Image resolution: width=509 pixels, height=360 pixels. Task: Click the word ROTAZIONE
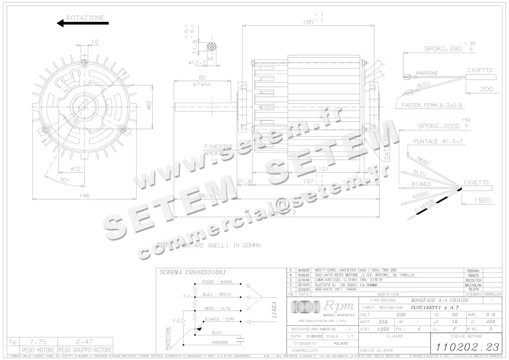[x=85, y=18]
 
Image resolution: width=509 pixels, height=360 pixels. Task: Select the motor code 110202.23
[x=465, y=346]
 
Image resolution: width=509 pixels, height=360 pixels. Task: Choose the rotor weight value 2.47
[x=85, y=341]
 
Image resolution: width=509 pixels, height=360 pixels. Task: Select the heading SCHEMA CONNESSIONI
[x=192, y=272]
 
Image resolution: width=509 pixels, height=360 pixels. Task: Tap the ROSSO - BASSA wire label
[x=217, y=282]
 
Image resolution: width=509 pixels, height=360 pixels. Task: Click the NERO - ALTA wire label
[x=217, y=308]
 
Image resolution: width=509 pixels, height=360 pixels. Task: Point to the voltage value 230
[x=400, y=315]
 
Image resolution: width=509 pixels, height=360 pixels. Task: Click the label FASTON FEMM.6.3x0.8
[x=431, y=105]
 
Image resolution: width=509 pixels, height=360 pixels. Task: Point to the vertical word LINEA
[x=274, y=309]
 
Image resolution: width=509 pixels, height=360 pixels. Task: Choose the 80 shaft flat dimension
[x=202, y=77]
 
